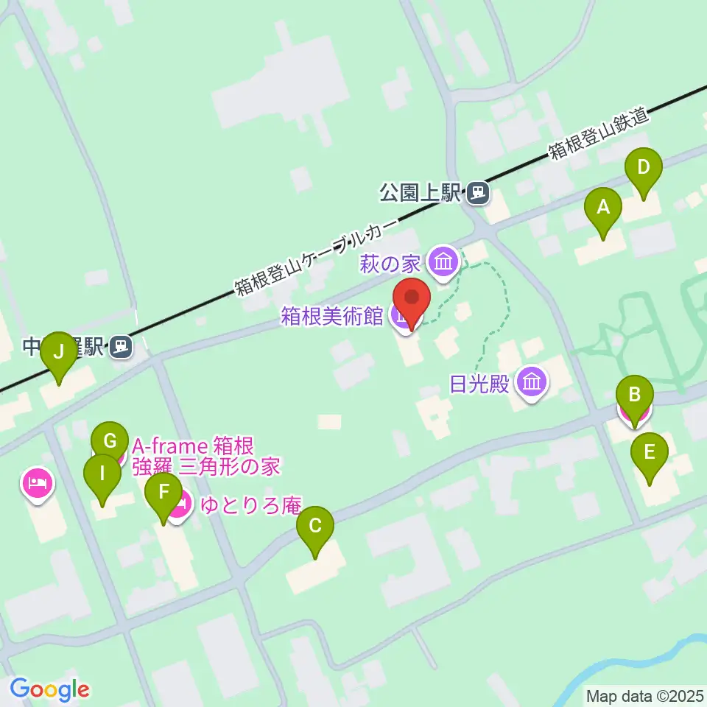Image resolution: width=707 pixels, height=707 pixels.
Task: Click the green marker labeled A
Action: tap(603, 209)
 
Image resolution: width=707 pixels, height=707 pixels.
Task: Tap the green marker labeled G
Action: tap(110, 443)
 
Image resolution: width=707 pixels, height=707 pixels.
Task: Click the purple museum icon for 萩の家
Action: tap(444, 262)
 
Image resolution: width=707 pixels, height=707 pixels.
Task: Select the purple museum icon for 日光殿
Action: tap(532, 382)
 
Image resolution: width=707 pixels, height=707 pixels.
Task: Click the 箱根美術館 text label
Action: tap(332, 316)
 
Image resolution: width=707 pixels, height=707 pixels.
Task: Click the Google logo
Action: tap(50, 689)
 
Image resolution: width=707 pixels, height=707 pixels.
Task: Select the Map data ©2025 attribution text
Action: tap(645, 696)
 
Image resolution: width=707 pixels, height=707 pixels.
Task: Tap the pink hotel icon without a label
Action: tap(38, 483)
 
